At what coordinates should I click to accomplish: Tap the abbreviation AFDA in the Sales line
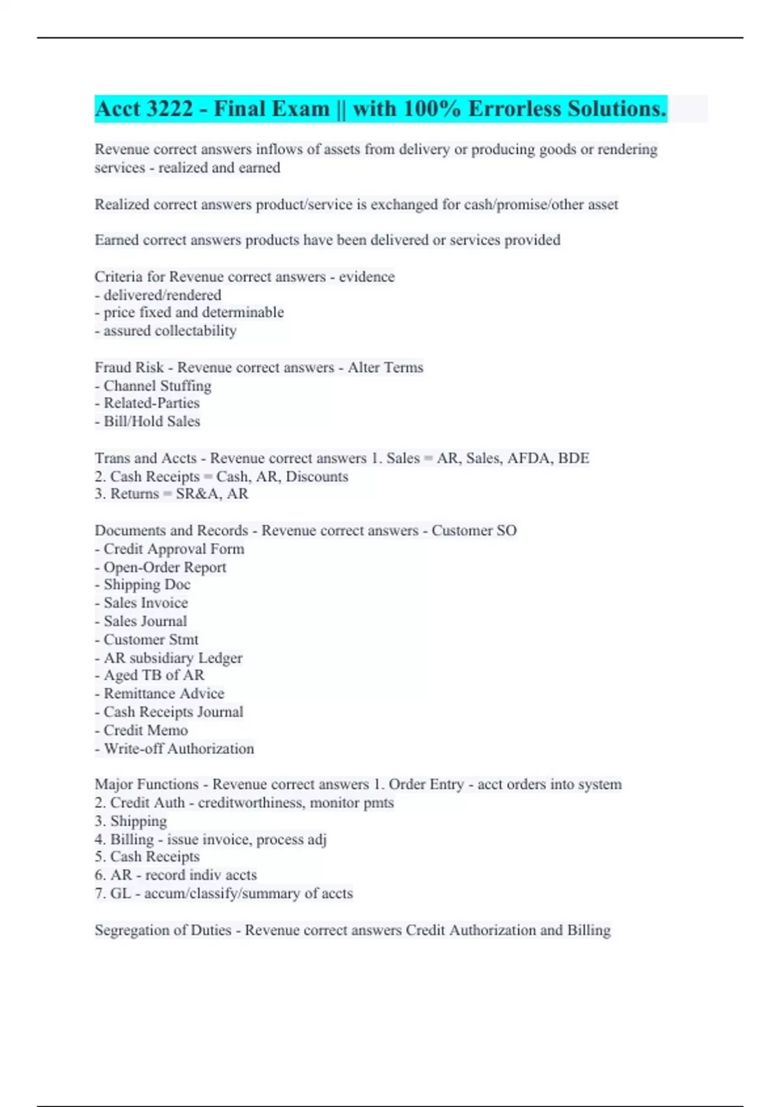pyautogui.click(x=528, y=458)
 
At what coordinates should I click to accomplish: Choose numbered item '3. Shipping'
pyautogui.click(x=131, y=821)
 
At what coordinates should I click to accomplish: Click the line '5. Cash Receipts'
pyautogui.click(x=147, y=857)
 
